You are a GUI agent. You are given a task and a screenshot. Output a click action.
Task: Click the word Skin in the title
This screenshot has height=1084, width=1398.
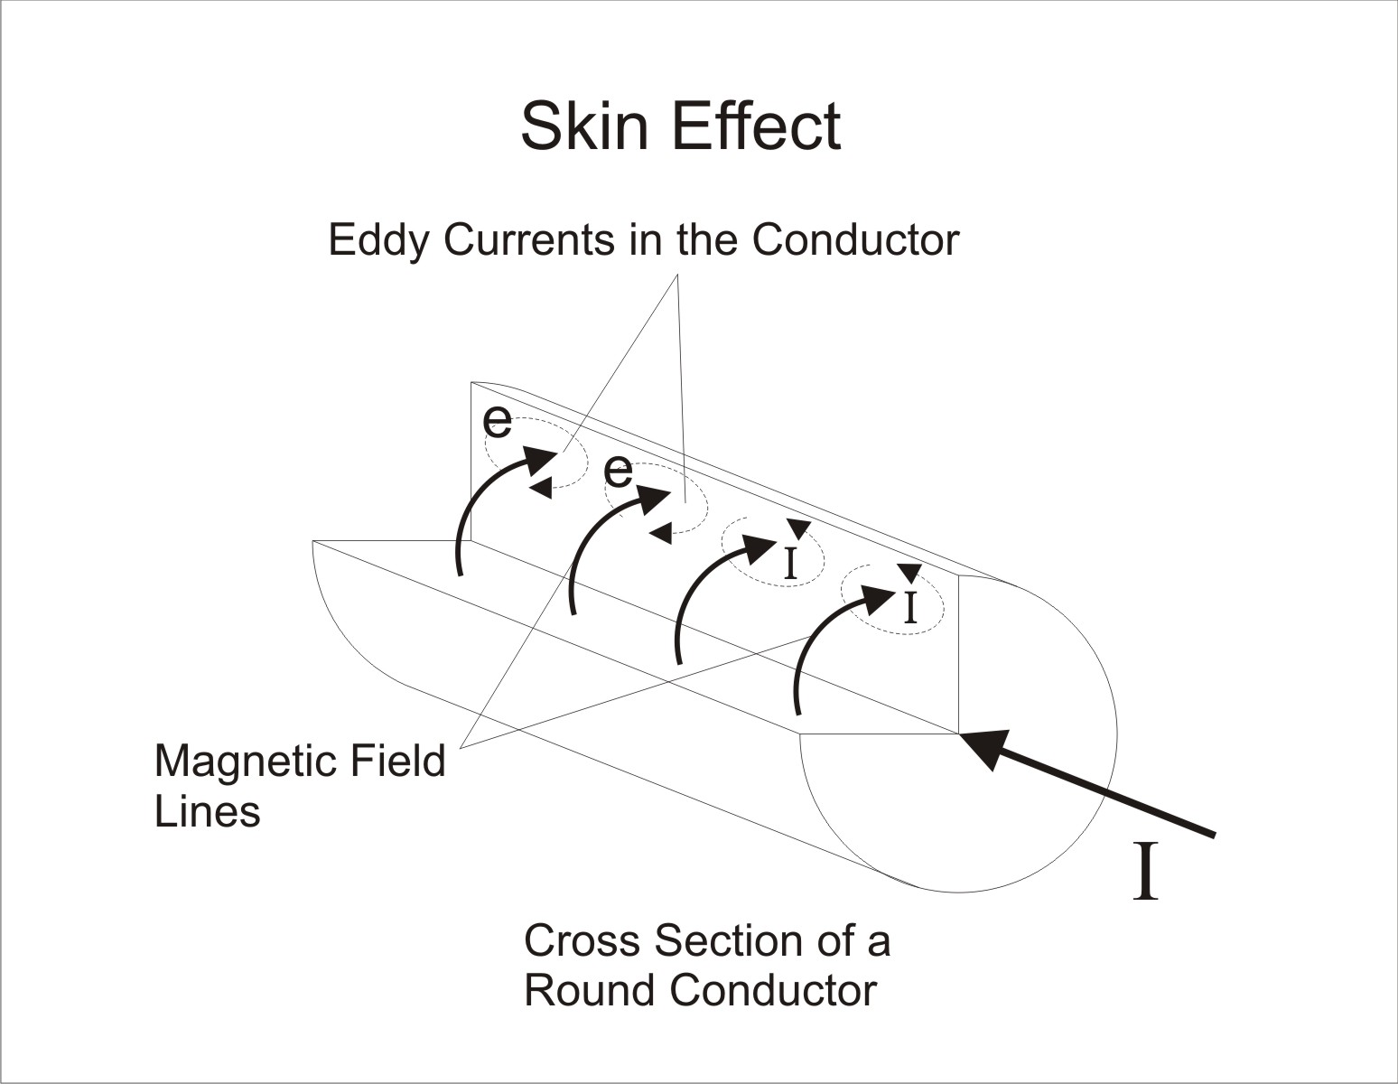click(x=586, y=126)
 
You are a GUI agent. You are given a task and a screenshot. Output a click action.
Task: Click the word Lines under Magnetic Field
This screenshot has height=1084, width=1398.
click(x=207, y=811)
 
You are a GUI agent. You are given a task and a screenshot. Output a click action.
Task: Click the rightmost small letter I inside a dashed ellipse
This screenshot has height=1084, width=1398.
click(x=910, y=607)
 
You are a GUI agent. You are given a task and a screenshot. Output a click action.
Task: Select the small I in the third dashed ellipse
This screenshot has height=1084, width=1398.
click(x=791, y=563)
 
